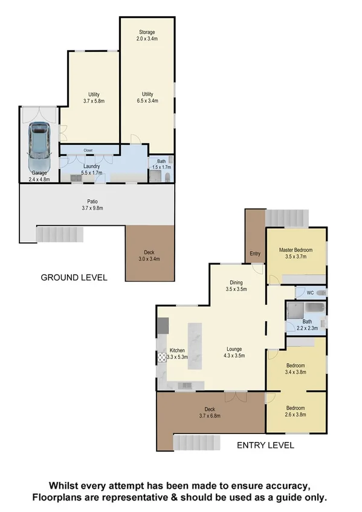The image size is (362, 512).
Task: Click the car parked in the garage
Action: point(39,147)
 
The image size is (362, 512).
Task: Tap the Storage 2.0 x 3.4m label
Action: point(147,35)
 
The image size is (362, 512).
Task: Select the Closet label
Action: point(88,150)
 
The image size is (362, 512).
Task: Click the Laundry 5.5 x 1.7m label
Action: point(87,169)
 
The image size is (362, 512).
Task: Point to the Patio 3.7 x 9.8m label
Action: point(92,205)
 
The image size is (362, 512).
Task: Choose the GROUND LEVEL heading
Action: point(74,278)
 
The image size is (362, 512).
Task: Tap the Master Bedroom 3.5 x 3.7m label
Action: point(296,252)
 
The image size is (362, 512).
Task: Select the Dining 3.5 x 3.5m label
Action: point(237,285)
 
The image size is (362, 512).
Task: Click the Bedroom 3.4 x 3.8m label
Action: point(296,368)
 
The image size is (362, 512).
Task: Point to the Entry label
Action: point(255,254)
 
